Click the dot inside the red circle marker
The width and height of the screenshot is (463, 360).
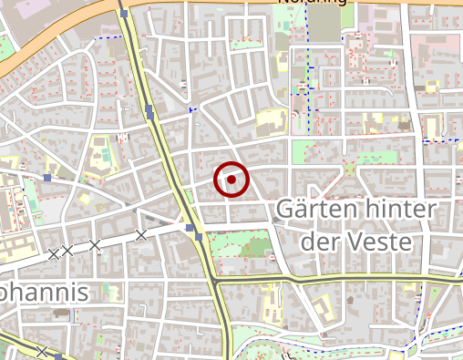click(x=231, y=180)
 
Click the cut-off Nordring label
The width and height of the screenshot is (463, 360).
click(x=313, y=3)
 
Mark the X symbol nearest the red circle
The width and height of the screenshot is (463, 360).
click(x=140, y=235)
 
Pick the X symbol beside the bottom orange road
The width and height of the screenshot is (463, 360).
click(x=43, y=352)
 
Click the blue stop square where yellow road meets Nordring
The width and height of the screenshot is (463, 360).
click(x=123, y=14)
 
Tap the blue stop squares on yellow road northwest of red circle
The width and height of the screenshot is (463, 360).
click(x=149, y=111)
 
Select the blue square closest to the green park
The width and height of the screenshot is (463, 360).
click(x=199, y=238)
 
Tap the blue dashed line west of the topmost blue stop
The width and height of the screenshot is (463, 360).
click(x=108, y=37)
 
